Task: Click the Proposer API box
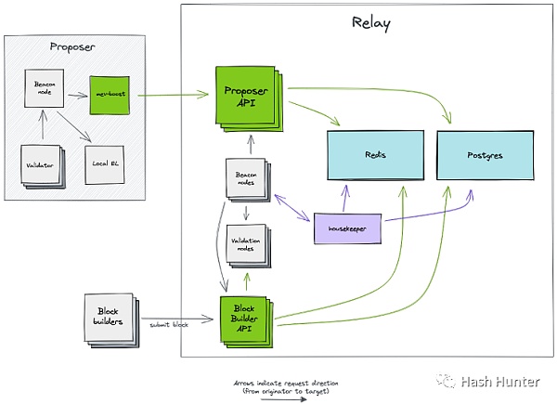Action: tap(247, 96)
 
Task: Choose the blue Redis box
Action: tap(373, 156)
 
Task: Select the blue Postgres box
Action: tap(483, 156)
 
